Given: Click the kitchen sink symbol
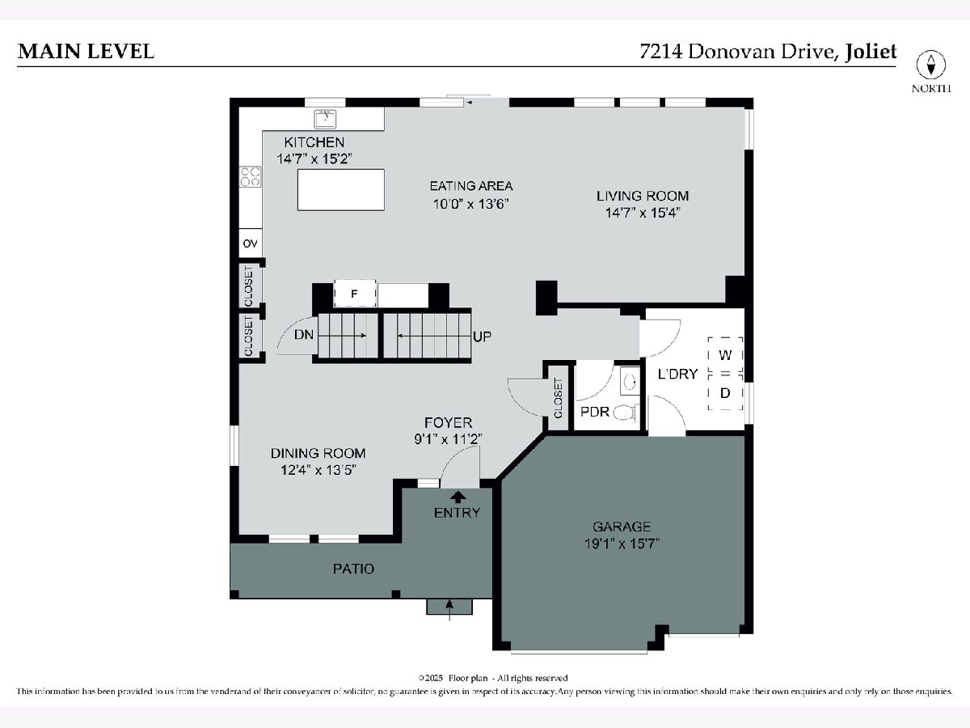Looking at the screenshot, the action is tap(325, 119).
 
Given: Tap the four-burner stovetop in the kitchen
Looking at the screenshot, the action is tap(250, 177).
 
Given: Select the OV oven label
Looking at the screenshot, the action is tap(250, 243).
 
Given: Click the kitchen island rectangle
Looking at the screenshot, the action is tap(341, 189).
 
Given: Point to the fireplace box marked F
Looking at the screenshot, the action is tap(355, 294).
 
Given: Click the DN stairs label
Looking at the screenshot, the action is tap(304, 335).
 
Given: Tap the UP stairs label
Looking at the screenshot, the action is tap(482, 336).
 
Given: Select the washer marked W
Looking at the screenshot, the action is tap(725, 355).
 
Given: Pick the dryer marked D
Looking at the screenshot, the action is tap(725, 393).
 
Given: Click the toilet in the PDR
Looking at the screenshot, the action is tap(626, 413).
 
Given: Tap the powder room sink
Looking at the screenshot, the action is tap(630, 380).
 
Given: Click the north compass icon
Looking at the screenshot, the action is tap(931, 65).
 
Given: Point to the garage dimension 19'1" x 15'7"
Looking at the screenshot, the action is tap(622, 544).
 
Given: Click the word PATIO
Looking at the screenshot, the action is tap(353, 569).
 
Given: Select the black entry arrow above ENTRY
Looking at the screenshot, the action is tap(458, 497).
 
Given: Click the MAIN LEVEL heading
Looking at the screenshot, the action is tap(86, 51).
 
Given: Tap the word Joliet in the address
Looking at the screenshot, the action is tap(871, 51).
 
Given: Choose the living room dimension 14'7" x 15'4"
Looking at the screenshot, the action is tap(643, 213).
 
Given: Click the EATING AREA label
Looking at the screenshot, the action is tap(471, 186).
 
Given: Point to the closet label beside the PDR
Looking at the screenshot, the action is tap(558, 398).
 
